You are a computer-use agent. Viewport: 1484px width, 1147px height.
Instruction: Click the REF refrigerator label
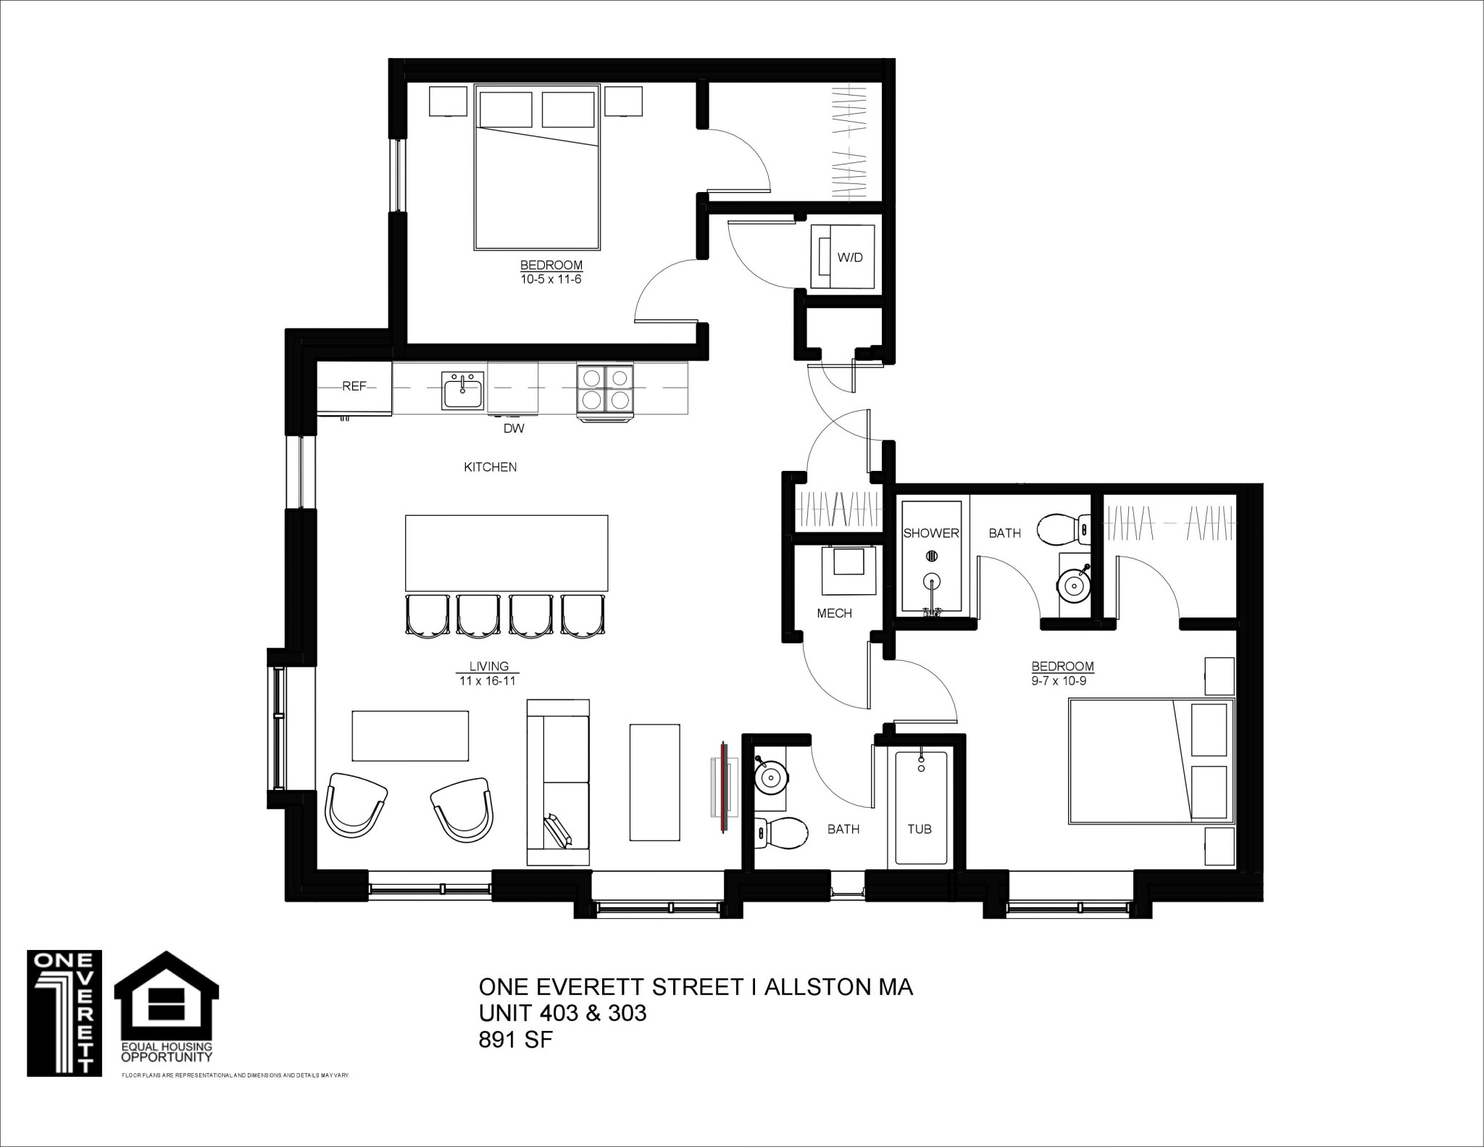click(354, 387)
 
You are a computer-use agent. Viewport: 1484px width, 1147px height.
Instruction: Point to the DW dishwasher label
click(513, 428)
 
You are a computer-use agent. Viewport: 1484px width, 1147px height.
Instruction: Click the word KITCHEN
click(490, 467)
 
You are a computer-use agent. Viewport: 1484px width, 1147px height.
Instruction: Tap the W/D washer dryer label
click(850, 257)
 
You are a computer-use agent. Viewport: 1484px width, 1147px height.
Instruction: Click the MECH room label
click(834, 613)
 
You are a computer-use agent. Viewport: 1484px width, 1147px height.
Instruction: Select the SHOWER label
click(930, 533)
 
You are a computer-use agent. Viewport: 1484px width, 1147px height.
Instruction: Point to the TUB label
click(920, 829)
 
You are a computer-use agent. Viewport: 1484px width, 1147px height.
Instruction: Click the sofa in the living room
click(558, 782)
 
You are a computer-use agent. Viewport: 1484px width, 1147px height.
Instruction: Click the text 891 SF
click(515, 1040)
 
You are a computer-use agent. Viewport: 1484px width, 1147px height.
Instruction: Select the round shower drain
click(933, 556)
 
